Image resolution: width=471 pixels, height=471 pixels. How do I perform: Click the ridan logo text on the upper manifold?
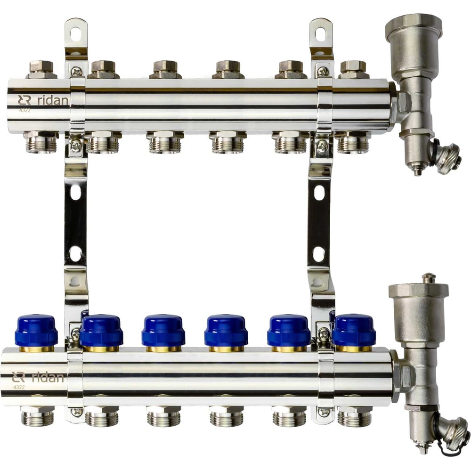[x=53, y=100]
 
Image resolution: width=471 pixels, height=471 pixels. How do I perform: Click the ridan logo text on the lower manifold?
[x=48, y=377]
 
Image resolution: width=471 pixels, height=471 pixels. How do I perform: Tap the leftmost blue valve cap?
[x=36, y=331]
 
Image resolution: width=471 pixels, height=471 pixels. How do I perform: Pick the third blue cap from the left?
[x=163, y=331]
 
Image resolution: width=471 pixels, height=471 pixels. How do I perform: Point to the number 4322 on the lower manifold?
[x=19, y=387]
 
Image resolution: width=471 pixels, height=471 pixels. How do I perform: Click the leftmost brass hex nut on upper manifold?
[x=41, y=70]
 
